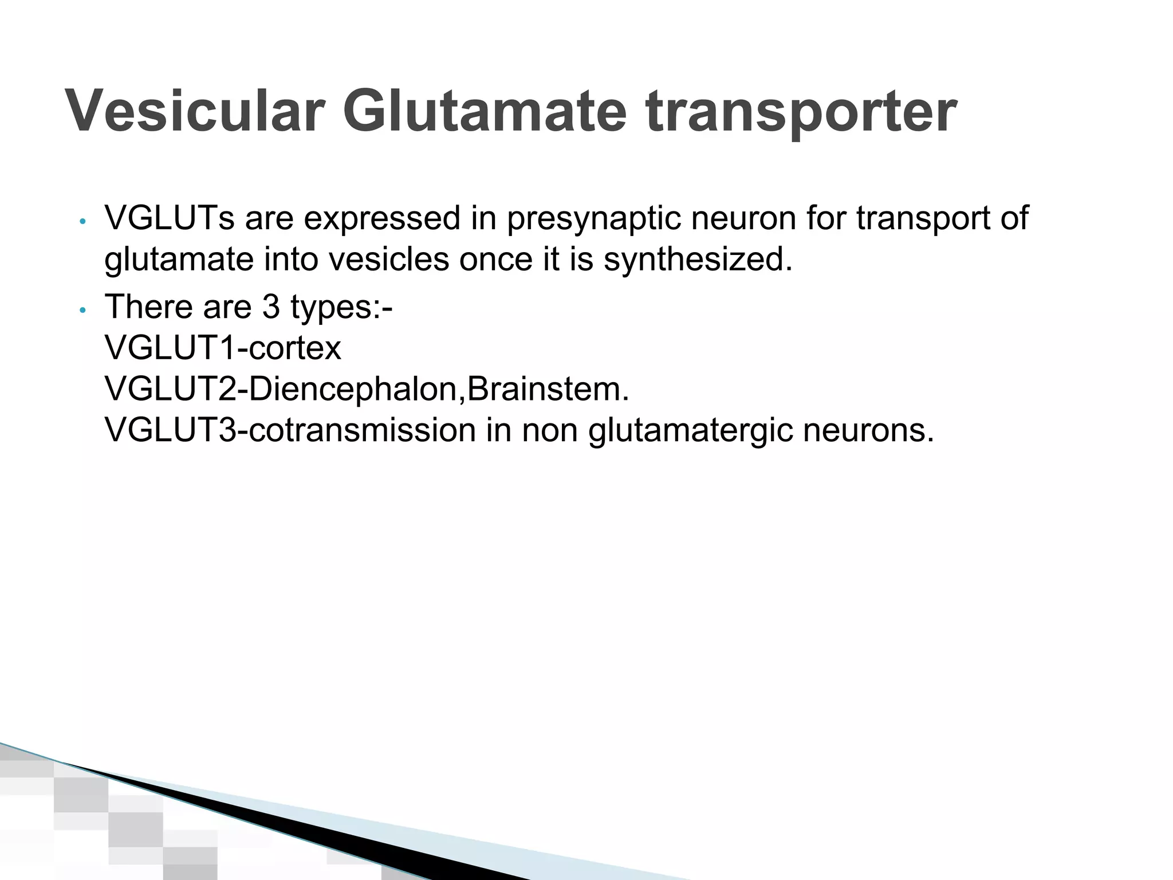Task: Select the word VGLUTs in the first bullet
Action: pyautogui.click(x=170, y=218)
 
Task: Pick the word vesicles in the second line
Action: pyautogui.click(x=389, y=260)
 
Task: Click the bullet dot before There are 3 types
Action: pyautogui.click(x=83, y=310)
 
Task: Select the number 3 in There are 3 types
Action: pyautogui.click(x=271, y=307)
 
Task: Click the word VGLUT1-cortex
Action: pyautogui.click(x=223, y=348)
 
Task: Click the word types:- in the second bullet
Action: pyautogui.click(x=341, y=307)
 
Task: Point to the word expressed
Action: pyautogui.click(x=381, y=218)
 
